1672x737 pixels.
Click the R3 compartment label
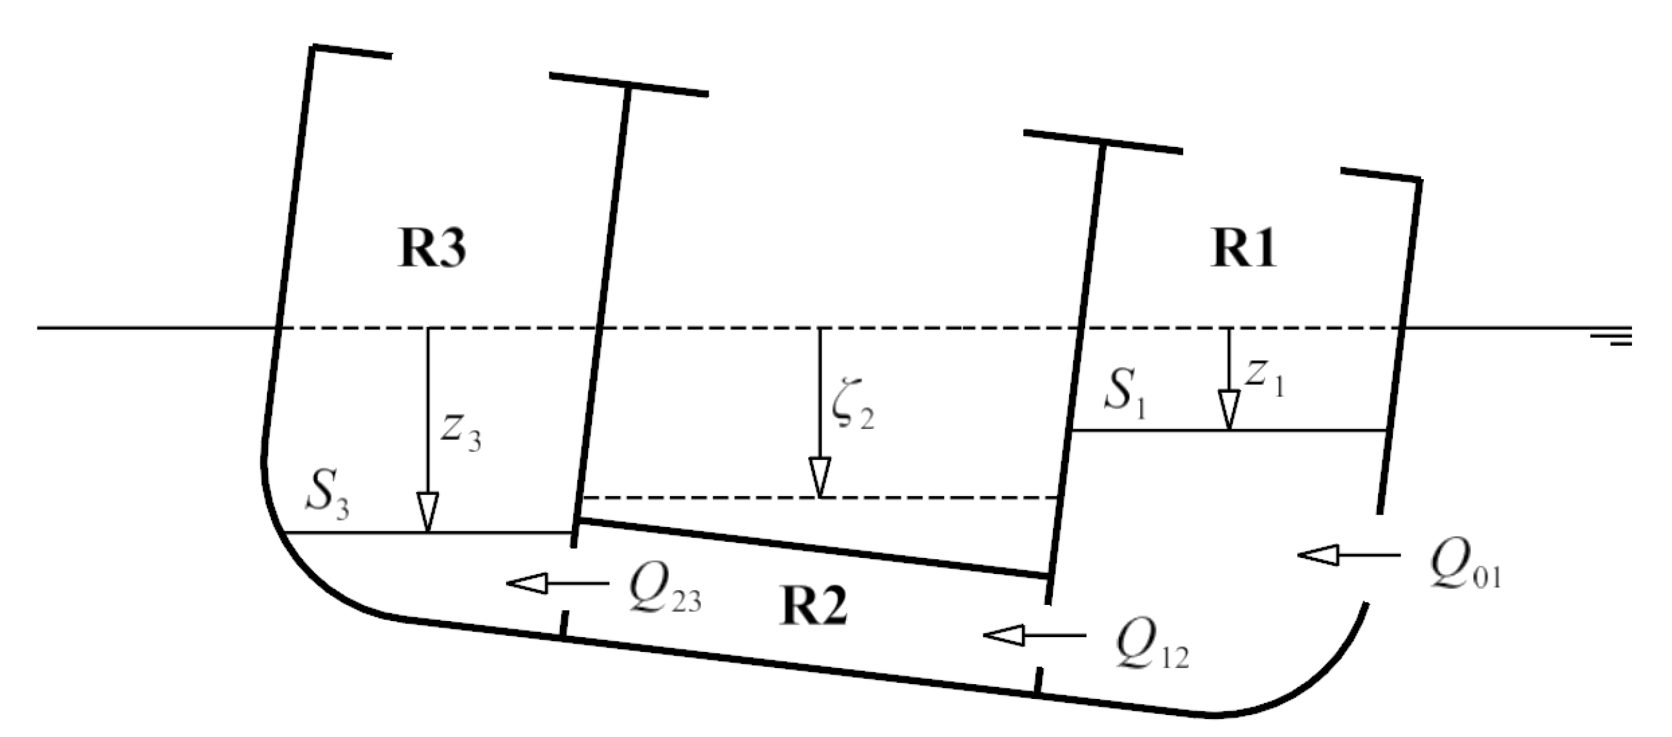click(431, 249)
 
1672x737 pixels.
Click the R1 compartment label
click(1244, 249)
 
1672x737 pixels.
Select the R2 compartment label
click(812, 608)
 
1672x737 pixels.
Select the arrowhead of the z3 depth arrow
click(427, 513)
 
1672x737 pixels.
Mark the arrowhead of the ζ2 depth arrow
click(820, 477)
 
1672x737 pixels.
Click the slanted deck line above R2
click(811, 548)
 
